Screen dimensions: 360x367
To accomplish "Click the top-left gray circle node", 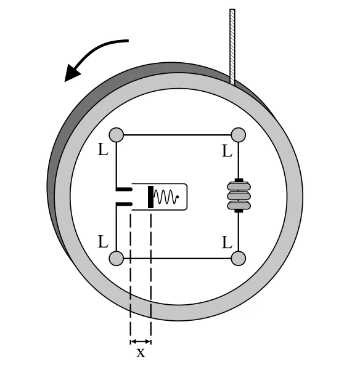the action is [x=117, y=135].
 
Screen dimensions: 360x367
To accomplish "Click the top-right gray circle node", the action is [x=239, y=135].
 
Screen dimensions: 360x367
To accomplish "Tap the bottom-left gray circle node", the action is [x=117, y=259].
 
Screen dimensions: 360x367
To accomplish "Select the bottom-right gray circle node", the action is [x=239, y=259].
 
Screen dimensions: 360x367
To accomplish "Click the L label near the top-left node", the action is [x=103, y=150].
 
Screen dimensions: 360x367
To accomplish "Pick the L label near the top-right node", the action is [x=227, y=151].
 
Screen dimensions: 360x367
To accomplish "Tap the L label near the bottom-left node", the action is [x=103, y=242].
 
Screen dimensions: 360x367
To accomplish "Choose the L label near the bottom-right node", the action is [x=227, y=243].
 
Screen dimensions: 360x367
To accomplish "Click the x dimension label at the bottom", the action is [x=141, y=353].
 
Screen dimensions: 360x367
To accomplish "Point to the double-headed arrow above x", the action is [x=141, y=342].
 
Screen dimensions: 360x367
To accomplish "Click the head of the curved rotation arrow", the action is [x=72, y=73].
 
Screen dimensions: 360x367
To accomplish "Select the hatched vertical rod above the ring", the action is [x=232, y=47].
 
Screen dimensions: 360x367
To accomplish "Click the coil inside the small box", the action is [x=165, y=197].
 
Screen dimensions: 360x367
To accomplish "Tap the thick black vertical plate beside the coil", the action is [x=150, y=197].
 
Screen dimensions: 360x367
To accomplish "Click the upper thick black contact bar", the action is [x=124, y=189].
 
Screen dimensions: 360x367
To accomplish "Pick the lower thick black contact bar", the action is [x=124, y=204].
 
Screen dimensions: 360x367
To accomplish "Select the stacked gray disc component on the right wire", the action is [x=239, y=195].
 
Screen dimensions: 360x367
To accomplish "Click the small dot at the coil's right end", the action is [x=178, y=197].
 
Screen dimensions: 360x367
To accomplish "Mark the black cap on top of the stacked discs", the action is [x=239, y=180].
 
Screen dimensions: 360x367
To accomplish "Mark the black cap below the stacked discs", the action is [x=239, y=211].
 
